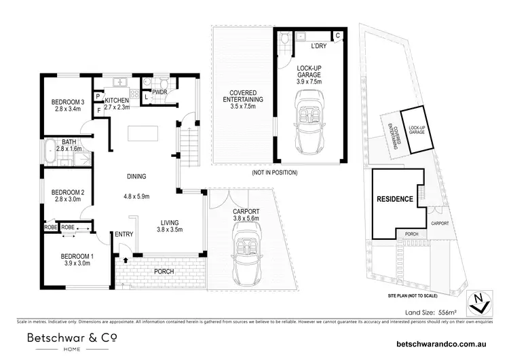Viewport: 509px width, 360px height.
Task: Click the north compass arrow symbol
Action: [x=480, y=302]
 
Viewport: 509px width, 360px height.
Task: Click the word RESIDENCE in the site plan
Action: [x=395, y=200]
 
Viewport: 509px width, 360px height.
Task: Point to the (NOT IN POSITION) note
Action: [x=274, y=173]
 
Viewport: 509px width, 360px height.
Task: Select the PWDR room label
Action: [x=160, y=91]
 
